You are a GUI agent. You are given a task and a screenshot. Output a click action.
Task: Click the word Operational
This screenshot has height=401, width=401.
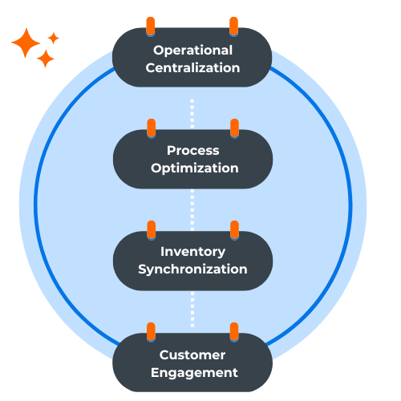click(192, 51)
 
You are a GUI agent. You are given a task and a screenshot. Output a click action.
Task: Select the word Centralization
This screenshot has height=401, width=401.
click(192, 68)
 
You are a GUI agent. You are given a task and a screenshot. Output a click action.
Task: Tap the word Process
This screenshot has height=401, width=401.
click(193, 151)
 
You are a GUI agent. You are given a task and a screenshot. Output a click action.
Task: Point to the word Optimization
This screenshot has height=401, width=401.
click(195, 168)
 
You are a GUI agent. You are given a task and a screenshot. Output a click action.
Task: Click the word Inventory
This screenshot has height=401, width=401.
click(192, 252)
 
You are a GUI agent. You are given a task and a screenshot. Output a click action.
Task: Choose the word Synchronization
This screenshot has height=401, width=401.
click(192, 269)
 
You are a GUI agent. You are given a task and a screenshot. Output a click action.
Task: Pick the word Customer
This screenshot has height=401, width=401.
click(192, 355)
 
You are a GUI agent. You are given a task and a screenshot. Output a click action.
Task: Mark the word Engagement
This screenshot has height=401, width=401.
click(194, 373)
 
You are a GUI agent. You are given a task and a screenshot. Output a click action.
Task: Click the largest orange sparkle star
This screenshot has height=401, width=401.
click(26, 43)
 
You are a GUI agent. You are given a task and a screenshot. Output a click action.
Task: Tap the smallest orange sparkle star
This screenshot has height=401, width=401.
click(54, 38)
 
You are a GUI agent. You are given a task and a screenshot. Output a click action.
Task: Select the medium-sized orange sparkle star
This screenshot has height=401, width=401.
click(46, 59)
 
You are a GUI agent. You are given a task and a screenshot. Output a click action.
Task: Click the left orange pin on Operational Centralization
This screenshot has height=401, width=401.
click(151, 26)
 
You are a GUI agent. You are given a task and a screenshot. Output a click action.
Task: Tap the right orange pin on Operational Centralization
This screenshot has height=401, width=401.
click(234, 26)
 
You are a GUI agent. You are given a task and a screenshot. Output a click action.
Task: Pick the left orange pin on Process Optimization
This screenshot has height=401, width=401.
click(152, 128)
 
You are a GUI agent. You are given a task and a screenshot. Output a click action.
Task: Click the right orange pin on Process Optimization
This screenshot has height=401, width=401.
click(234, 128)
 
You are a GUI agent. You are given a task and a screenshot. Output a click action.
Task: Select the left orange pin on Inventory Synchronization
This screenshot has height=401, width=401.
click(152, 230)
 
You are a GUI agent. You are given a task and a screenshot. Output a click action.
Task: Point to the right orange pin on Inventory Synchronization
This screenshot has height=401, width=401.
click(234, 230)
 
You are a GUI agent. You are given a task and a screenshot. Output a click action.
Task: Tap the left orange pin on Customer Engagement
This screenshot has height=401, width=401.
click(151, 332)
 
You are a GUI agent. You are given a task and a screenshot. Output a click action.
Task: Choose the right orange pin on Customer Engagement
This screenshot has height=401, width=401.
click(234, 332)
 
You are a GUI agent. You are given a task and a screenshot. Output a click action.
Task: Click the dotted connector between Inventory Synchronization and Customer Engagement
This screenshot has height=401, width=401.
click(192, 310)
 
